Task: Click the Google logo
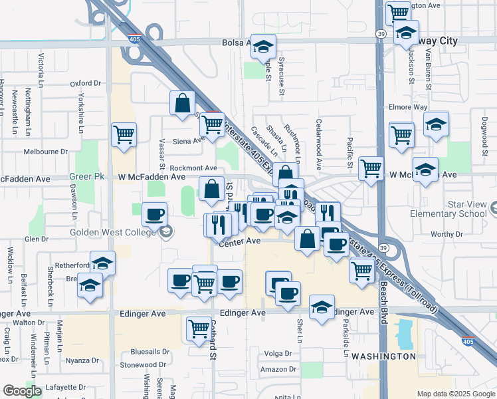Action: (22, 391)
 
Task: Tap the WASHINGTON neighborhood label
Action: (383, 356)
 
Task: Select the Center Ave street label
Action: (240, 241)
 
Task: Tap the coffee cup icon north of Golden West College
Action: (154, 215)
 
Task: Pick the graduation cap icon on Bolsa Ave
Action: (264, 47)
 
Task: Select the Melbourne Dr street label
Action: (46, 152)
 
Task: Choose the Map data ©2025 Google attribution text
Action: (455, 394)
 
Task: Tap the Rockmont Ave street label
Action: (193, 168)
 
